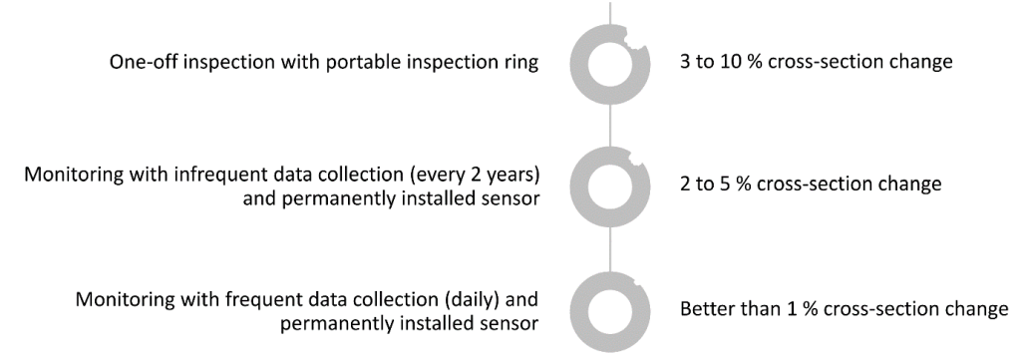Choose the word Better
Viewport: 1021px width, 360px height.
click(705, 309)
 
